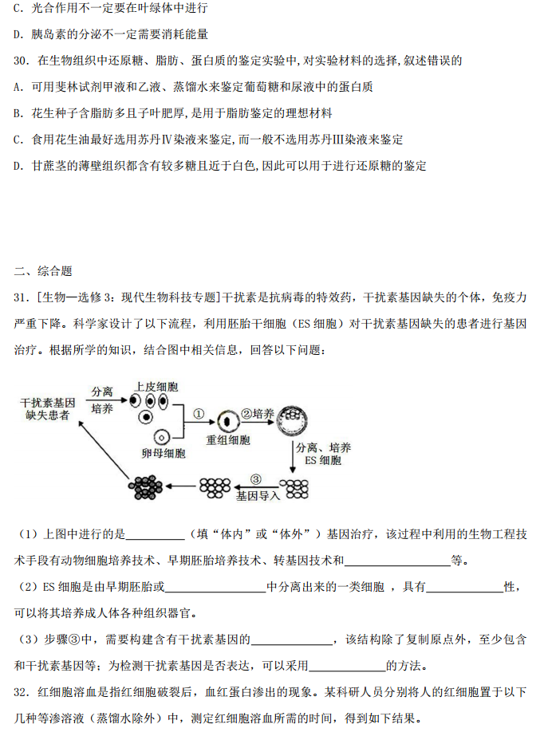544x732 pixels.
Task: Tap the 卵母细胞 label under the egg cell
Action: [163, 453]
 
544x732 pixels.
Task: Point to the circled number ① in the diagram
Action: [199, 413]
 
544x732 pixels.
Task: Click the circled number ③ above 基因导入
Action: [255, 479]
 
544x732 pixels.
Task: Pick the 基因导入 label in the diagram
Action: [258, 494]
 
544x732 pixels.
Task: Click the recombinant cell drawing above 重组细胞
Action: [227, 419]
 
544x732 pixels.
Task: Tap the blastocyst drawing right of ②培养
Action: [293, 418]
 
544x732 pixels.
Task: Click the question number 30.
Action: [22, 61]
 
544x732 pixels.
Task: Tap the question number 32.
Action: [22, 692]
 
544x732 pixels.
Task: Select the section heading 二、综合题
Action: [43, 271]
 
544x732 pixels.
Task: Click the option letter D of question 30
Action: [18, 166]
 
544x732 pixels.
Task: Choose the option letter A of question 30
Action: [18, 87]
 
